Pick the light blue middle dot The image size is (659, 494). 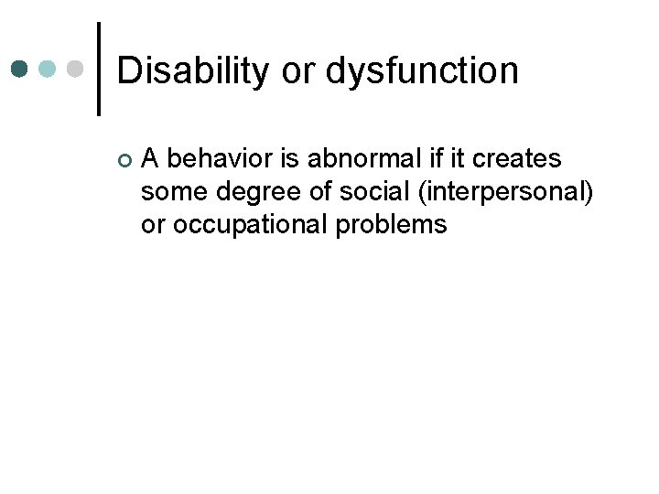pos(49,69)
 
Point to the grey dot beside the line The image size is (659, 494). pos(76,69)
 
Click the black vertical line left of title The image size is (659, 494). pos(99,69)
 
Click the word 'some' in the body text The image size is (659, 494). pos(171,192)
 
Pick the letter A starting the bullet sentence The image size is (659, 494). pos(151,159)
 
